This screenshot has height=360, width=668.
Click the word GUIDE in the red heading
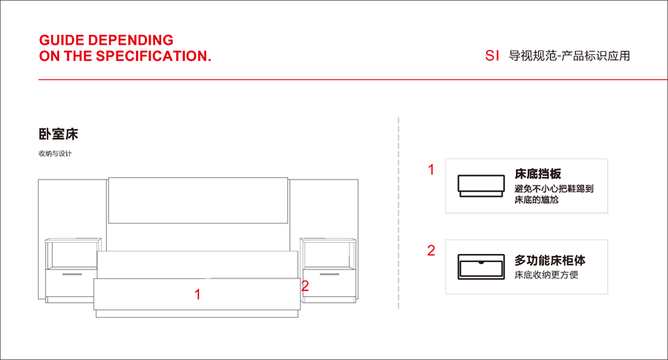tap(62, 40)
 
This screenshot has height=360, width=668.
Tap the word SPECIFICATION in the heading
tap(151, 56)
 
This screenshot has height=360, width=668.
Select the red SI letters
tap(492, 56)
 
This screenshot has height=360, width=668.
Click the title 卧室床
tap(59, 134)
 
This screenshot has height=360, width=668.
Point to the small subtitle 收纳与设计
tap(55, 154)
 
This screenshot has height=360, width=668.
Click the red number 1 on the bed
tap(197, 295)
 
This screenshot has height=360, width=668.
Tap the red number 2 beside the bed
tap(305, 286)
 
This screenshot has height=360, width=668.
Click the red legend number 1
tap(431, 169)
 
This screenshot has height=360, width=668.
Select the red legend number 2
tap(431, 250)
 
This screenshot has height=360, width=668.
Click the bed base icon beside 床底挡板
tap(481, 186)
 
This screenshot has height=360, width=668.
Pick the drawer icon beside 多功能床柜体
tap(481, 266)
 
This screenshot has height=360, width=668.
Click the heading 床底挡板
tap(537, 174)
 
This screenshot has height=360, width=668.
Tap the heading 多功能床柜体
tap(549, 261)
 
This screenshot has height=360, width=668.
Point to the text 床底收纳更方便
tap(546, 275)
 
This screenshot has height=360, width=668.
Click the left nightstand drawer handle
tap(72, 274)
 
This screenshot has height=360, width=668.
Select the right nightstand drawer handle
tap(330, 274)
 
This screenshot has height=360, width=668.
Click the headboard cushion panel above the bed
tap(198, 200)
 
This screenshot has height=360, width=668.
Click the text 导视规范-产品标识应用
tap(569, 56)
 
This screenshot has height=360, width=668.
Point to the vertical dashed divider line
tap(399, 213)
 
